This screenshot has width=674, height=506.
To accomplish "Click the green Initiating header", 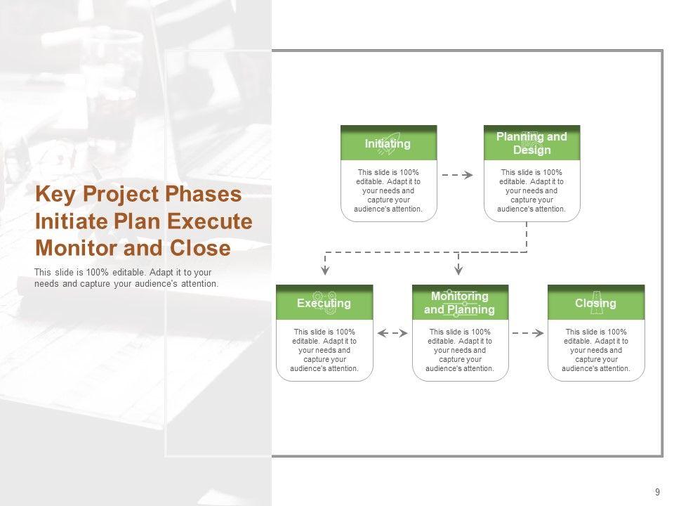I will pyautogui.click(x=388, y=143).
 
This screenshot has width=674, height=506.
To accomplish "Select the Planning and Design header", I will pyautogui.click(x=531, y=143).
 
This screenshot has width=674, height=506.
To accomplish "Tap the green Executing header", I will pyautogui.click(x=324, y=303).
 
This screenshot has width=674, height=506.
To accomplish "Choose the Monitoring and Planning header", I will pyautogui.click(x=460, y=303).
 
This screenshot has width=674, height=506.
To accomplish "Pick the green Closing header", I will pyautogui.click(x=595, y=303).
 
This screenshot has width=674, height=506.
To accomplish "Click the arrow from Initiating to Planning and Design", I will pyautogui.click(x=458, y=175).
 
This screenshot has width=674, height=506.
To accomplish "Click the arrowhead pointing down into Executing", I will pyautogui.click(x=324, y=270).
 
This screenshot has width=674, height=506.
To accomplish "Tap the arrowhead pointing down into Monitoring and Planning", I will pyautogui.click(x=458, y=270).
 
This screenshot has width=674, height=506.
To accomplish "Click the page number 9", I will pyautogui.click(x=657, y=492).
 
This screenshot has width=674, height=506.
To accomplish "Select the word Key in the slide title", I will pyautogui.click(x=53, y=194).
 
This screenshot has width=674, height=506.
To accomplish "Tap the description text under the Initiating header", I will pyautogui.click(x=389, y=190).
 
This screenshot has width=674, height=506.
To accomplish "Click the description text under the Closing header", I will pyautogui.click(x=596, y=350).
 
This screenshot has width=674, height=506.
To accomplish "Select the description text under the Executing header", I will pyautogui.click(x=324, y=350).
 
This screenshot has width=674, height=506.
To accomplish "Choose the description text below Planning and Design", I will pyautogui.click(x=531, y=190).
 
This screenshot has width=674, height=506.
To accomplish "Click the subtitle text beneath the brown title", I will pyautogui.click(x=126, y=278).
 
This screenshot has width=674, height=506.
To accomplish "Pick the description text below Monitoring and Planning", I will pyautogui.click(x=460, y=350).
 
